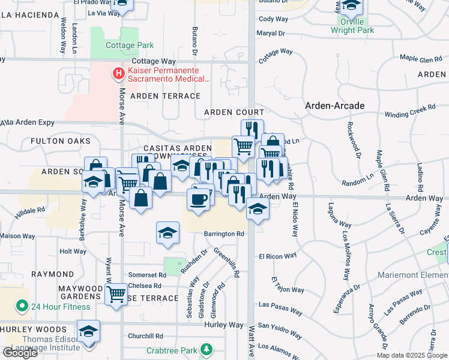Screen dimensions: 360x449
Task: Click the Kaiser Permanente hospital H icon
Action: [x=119, y=74]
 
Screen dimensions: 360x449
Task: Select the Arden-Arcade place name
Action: [x=334, y=106]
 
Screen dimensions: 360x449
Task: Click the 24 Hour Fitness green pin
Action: [x=22, y=307]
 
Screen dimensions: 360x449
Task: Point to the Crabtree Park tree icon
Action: [x=206, y=349]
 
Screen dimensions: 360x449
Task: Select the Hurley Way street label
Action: [x=223, y=325]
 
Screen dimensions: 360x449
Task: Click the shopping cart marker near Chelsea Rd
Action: [x=116, y=294]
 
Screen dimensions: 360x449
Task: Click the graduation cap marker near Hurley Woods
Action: [x=88, y=331]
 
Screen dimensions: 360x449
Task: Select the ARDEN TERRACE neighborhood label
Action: [x=165, y=96]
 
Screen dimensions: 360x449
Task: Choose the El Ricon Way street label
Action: [x=278, y=256]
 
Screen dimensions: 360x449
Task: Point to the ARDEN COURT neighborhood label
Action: [x=234, y=112]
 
